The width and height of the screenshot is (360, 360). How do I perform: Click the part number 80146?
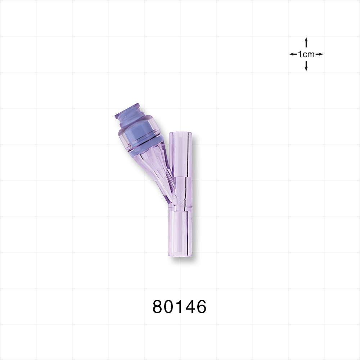(180, 307)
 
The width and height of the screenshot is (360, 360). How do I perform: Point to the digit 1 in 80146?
(179, 307)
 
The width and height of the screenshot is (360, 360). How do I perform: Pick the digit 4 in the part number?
(189, 307)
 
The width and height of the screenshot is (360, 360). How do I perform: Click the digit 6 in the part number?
(201, 307)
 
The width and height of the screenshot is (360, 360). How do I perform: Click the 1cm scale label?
(306, 54)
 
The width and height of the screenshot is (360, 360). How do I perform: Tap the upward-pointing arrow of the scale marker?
(306, 41)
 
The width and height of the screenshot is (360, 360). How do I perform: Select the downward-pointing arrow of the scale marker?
(306, 67)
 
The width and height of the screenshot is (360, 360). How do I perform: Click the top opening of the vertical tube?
(180, 133)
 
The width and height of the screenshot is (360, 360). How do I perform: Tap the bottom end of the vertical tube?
(180, 256)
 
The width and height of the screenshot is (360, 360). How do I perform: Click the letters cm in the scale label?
(309, 54)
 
